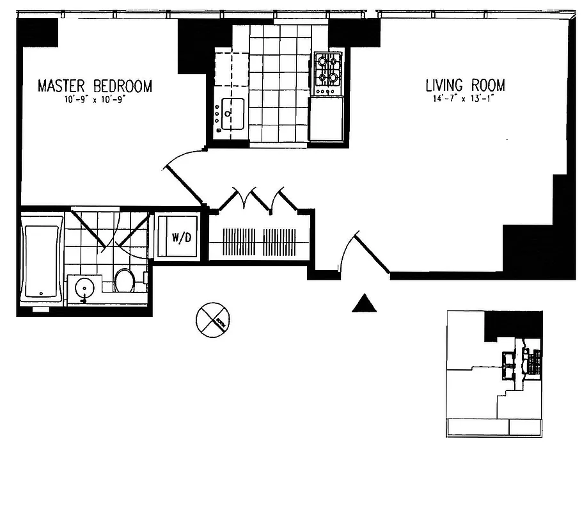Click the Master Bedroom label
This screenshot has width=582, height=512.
pyautogui.click(x=95, y=86)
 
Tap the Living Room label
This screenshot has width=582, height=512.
pyautogui.click(x=466, y=85)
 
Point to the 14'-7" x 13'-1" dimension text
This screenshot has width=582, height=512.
pyautogui.click(x=465, y=99)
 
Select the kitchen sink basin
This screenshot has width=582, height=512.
pyautogui.click(x=232, y=113)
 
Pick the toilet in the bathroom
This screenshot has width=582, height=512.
pyautogui.click(x=124, y=280)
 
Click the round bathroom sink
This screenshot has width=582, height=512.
pyautogui.click(x=83, y=289)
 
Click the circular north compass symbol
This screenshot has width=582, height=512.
pyautogui.click(x=213, y=320)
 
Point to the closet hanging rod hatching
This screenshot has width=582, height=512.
pyautogui.click(x=258, y=243)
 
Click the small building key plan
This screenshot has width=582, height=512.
pyautogui.click(x=494, y=374)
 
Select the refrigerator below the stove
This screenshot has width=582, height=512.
pyautogui.click(x=327, y=118)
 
